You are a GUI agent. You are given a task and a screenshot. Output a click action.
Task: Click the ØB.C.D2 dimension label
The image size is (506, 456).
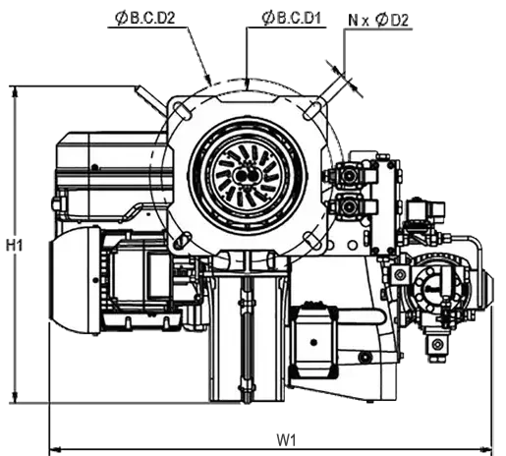[144, 18]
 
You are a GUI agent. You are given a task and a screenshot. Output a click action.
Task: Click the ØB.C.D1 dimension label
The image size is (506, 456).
[291, 18]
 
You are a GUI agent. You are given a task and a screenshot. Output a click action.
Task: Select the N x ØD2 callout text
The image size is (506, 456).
[378, 21]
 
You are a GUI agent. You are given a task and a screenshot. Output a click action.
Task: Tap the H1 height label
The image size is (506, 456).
[15, 245]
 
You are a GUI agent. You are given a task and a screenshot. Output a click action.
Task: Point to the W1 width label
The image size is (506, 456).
[286, 440]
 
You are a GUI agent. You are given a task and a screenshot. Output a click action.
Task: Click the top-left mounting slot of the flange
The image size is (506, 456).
[181, 109]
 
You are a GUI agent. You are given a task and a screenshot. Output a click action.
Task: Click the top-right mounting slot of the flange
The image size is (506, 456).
[312, 110]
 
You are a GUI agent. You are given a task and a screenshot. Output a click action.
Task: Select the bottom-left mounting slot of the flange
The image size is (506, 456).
[182, 240]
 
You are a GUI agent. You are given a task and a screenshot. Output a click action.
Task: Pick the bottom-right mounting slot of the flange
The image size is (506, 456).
[312, 241]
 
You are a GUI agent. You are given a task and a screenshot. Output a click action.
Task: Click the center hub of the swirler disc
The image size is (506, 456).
[248, 176]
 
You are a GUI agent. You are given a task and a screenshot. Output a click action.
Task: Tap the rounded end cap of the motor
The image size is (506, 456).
[75, 280]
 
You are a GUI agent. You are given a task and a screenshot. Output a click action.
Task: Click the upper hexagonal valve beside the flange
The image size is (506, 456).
[348, 176]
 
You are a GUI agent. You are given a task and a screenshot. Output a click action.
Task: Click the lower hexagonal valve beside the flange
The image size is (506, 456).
[348, 206]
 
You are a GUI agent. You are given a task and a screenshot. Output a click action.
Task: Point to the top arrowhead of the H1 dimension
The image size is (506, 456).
[15, 92]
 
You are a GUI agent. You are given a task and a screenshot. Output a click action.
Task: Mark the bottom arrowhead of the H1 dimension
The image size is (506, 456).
[15, 397]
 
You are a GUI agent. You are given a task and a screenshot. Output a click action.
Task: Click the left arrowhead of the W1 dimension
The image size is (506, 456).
[55, 448]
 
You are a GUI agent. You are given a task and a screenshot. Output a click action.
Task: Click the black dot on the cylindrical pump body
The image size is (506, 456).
[313, 342]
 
